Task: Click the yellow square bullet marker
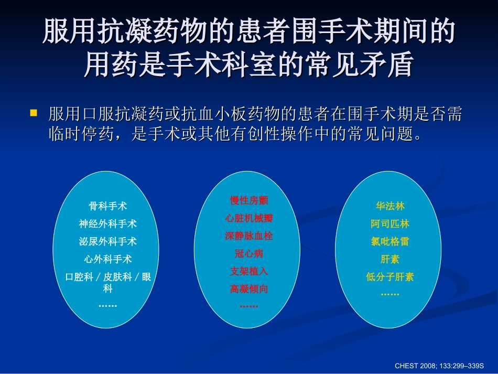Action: pos(34,113)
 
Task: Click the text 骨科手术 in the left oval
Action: pos(107,206)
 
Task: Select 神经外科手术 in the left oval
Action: pos(107,223)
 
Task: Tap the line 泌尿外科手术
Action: pos(107,241)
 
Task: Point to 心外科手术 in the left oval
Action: pos(107,259)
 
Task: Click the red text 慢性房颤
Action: pos(249,200)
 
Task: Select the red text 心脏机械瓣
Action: pos(249,218)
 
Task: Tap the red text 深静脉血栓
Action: pos(249,236)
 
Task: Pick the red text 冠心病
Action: pos(249,253)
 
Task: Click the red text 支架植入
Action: pos(249,271)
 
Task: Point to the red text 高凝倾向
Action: pos(249,288)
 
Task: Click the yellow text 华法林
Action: pos(390,206)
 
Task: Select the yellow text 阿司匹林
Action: pos(390,223)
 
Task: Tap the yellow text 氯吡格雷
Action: pos(390,241)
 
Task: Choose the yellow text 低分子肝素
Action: pos(390,277)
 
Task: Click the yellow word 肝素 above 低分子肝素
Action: pos(390,259)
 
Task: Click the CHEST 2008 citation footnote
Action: pos(438,364)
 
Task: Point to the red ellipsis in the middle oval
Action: pos(249,305)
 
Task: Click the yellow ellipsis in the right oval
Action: pos(390,294)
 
